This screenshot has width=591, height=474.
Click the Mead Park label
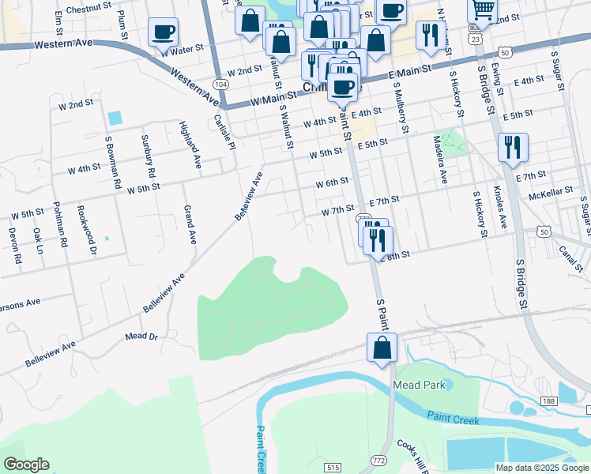click(x=419, y=386)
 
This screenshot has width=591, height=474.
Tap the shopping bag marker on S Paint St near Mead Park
click(x=382, y=348)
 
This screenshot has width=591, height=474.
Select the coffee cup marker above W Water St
click(x=163, y=33)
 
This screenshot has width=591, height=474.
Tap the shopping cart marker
click(x=482, y=10)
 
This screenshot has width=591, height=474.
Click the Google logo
click(x=26, y=465)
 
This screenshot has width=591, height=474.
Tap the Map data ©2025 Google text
click(x=541, y=468)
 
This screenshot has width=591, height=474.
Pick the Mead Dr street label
click(x=141, y=337)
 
